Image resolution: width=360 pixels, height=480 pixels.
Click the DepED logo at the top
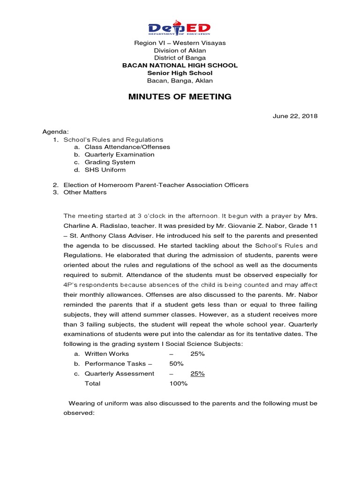pyautogui.click(x=180, y=28)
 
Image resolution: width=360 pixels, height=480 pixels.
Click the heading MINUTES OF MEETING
pyautogui.click(x=180, y=97)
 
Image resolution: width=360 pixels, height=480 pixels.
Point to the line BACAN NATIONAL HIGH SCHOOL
pyautogui.click(x=180, y=65)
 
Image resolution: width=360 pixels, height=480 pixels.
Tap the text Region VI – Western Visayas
pyautogui.click(x=180, y=43)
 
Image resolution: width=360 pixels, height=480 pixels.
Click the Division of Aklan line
pyautogui.click(x=180, y=50)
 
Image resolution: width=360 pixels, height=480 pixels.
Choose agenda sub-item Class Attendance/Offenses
pyautogui.click(x=127, y=147)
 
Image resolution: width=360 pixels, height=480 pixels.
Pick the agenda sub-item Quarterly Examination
pyautogui.click(x=119, y=154)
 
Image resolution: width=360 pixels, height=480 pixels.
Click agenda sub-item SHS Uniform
pyautogui.click(x=105, y=170)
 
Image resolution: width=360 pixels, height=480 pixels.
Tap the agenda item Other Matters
pyautogui.click(x=85, y=192)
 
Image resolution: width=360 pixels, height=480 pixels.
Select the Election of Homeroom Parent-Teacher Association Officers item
pyautogui.click(x=156, y=185)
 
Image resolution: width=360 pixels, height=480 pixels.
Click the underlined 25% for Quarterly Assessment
pyautogui.click(x=197, y=374)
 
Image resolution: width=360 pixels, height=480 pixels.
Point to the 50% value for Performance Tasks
pyautogui.click(x=177, y=363)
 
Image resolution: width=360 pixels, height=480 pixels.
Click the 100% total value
pyautogui.click(x=178, y=383)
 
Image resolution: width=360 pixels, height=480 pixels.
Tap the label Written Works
pyautogui.click(x=106, y=353)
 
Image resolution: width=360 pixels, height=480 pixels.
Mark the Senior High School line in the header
pyautogui.click(x=180, y=73)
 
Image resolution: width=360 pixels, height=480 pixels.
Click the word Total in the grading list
pyautogui.click(x=92, y=383)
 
